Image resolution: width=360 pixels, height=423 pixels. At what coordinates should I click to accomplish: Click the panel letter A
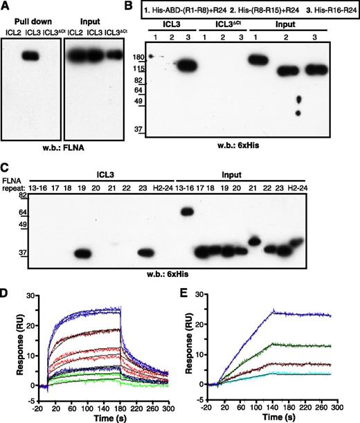pyautogui.click(x=5, y=7)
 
